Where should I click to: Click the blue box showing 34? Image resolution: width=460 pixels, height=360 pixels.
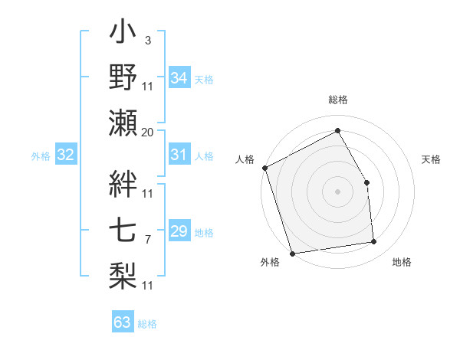pos(179,78)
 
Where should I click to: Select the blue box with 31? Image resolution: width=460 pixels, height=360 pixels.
pos(179,155)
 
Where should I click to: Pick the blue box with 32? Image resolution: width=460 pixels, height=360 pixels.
pos(65,155)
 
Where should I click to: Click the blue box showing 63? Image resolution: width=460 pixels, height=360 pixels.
pos(122,322)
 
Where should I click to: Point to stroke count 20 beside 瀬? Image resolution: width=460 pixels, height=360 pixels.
pos(148,133)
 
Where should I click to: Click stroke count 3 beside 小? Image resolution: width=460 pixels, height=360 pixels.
pos(148,39)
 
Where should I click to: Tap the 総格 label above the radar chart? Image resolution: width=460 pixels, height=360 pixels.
pos(338,100)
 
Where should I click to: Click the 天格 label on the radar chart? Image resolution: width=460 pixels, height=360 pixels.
pos(431,159)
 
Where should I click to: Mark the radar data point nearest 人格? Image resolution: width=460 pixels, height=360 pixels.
pos(264,168)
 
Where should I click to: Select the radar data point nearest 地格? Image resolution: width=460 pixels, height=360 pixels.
pos(374,242)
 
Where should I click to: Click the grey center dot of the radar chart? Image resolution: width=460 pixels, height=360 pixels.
pos(337,191)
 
